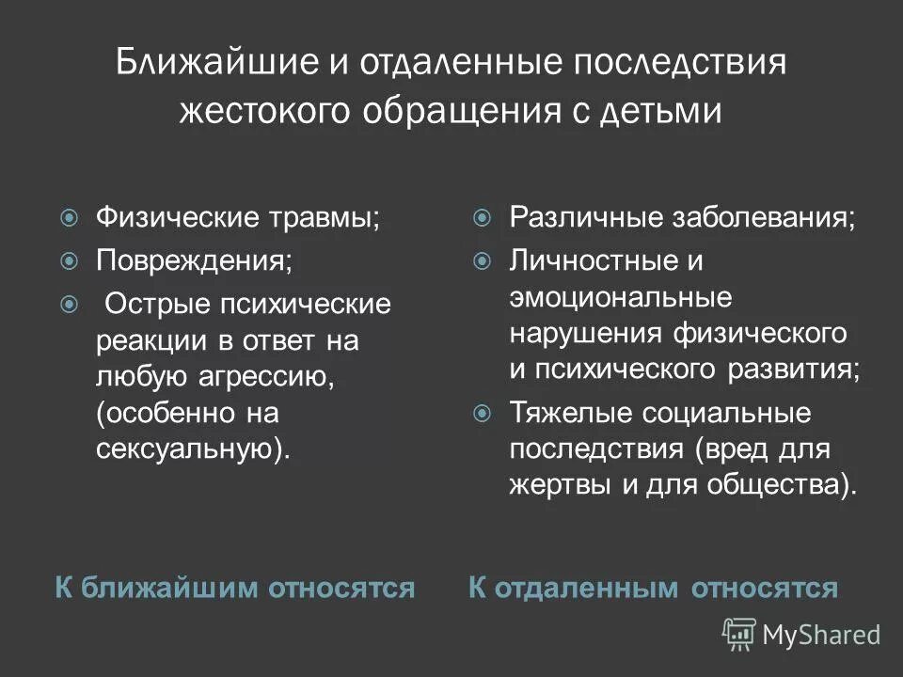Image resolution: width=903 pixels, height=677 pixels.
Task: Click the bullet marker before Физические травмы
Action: (x=69, y=218)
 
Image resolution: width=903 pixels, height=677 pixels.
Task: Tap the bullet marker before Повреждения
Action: (x=69, y=260)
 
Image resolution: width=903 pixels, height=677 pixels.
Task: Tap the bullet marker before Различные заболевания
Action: (x=483, y=218)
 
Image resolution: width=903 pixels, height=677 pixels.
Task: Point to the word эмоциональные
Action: (x=620, y=297)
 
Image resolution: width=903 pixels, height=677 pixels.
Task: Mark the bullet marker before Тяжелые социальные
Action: (x=483, y=413)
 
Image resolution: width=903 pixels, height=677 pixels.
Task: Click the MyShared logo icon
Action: (x=738, y=634)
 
